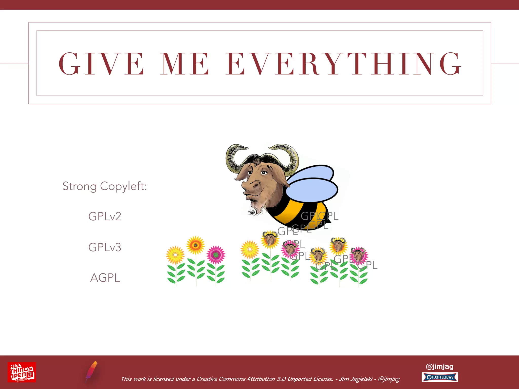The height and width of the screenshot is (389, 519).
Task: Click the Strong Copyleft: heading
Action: click(x=105, y=186)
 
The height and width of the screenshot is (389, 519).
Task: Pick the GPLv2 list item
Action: click(x=105, y=217)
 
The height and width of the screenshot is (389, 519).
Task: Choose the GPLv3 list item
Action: click(x=105, y=247)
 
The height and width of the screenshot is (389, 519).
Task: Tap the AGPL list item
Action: click(x=105, y=278)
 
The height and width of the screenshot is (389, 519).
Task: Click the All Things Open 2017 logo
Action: click(x=22, y=372)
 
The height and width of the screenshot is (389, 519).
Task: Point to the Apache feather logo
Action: click(x=91, y=371)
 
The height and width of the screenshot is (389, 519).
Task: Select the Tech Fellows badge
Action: click(x=440, y=377)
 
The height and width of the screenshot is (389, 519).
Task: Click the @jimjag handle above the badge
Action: click(x=440, y=366)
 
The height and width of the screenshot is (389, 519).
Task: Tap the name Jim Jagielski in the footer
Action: click(x=356, y=379)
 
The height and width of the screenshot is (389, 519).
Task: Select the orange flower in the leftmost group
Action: click(x=195, y=245)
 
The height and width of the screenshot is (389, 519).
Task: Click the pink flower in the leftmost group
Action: click(x=216, y=255)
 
